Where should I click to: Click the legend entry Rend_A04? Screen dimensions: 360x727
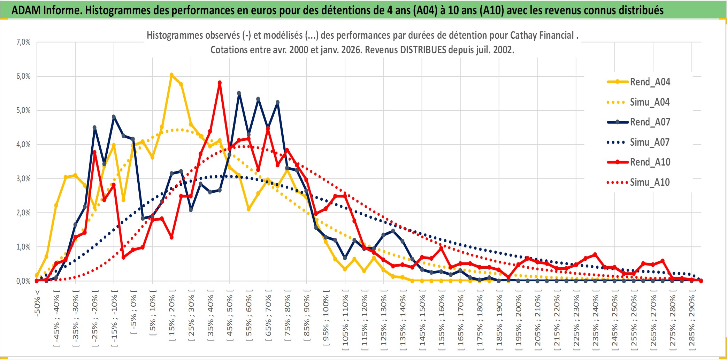click(x=650, y=82)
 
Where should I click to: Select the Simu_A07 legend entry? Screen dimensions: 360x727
click(x=650, y=142)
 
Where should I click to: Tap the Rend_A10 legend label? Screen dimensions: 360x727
click(x=650, y=162)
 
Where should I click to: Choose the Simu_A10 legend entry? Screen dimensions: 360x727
click(x=650, y=182)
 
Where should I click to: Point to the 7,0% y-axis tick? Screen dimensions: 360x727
click(x=23, y=42)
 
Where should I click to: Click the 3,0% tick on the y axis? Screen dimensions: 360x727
click(x=23, y=179)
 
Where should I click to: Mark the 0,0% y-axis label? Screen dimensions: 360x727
click(x=23, y=281)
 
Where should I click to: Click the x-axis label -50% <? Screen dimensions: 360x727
click(x=37, y=303)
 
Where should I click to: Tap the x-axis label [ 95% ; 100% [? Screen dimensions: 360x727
click(x=326, y=318)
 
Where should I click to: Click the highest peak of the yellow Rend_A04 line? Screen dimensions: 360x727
click(x=171, y=75)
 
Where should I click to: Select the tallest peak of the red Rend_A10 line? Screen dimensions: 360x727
click(x=220, y=83)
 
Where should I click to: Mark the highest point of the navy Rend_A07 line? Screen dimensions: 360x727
click(x=239, y=93)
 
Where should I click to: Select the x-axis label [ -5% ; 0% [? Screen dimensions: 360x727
click(x=133, y=312)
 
